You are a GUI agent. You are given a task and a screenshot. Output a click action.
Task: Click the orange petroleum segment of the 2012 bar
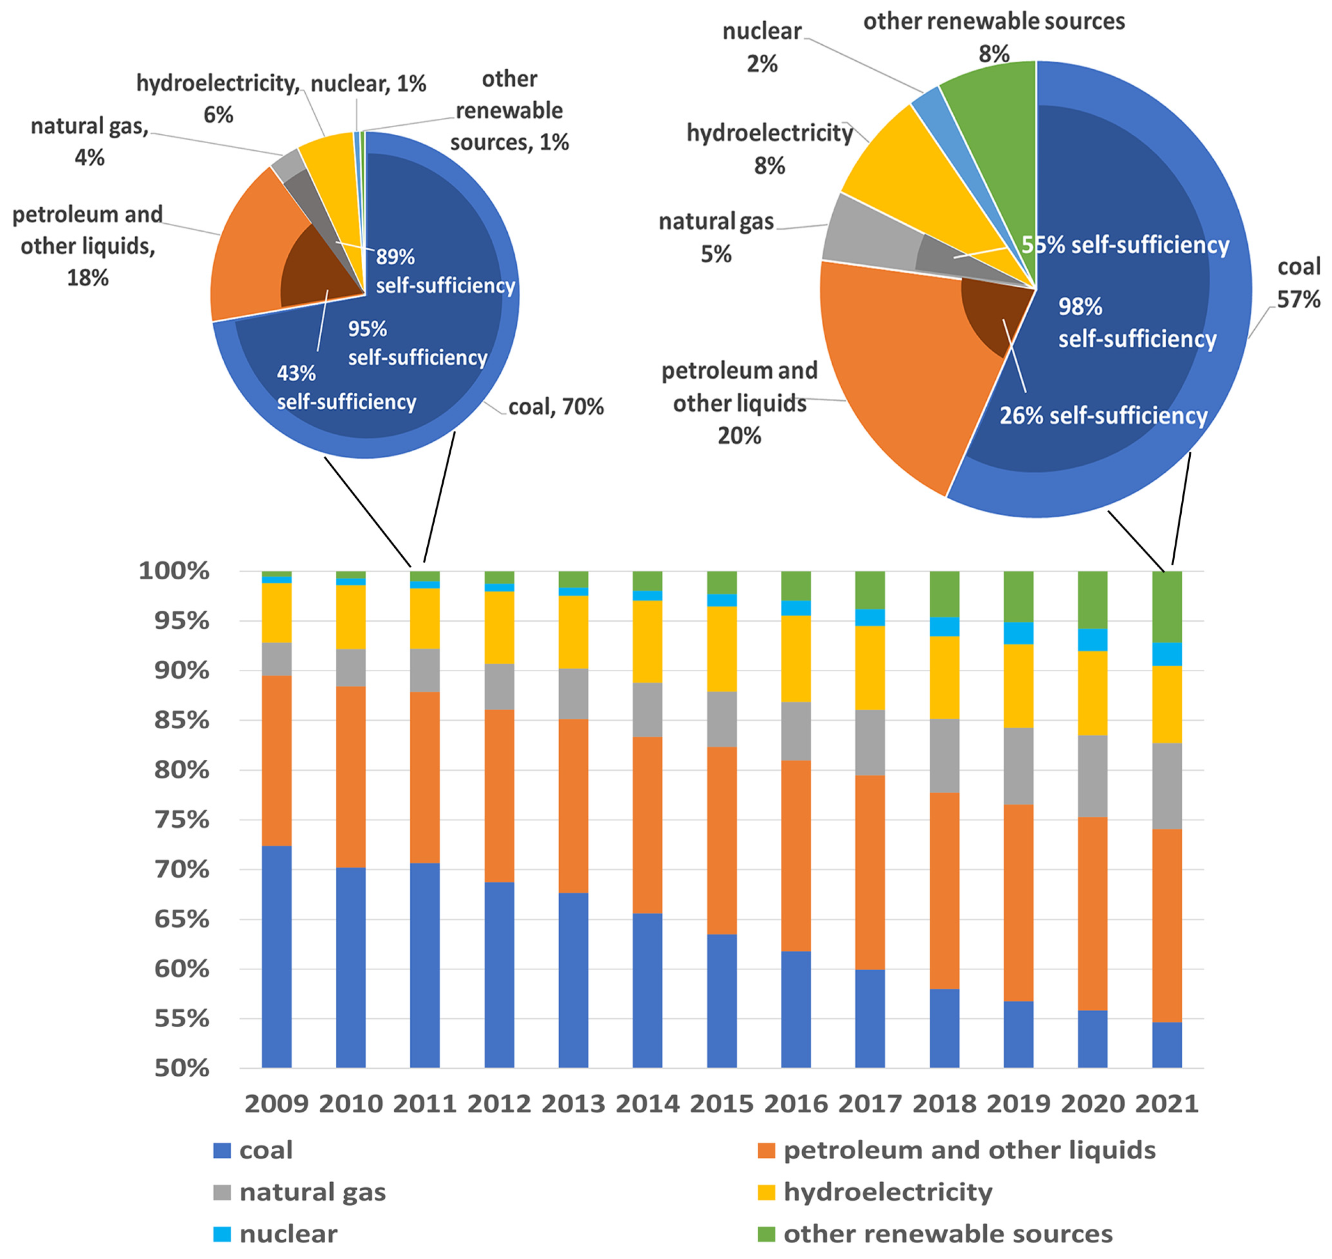(x=499, y=795)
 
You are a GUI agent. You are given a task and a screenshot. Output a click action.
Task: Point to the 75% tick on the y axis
(x=182, y=820)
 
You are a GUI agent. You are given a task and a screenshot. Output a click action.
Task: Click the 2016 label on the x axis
(x=796, y=1104)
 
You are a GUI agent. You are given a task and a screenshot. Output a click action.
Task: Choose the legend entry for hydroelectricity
(x=887, y=1192)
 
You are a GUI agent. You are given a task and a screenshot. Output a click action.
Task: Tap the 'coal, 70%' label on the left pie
(x=556, y=406)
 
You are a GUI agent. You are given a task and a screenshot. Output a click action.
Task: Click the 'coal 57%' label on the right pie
(x=1298, y=283)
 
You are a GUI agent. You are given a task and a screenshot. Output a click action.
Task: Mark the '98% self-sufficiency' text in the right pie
(x=1137, y=323)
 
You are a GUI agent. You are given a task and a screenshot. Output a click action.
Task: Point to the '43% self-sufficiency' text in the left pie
(x=346, y=387)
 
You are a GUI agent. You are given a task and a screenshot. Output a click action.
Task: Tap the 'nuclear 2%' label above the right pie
(x=762, y=48)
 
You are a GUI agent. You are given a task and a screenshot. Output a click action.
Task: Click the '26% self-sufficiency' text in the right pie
(x=1103, y=415)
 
